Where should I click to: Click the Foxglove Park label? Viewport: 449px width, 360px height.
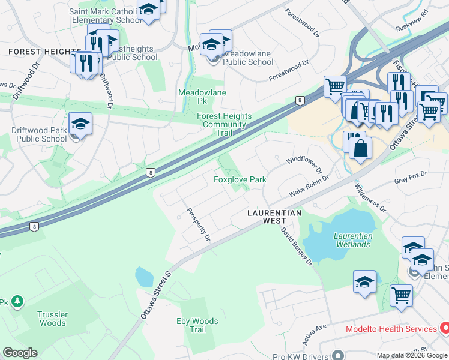click(240, 179)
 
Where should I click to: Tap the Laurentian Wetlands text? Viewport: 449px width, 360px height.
click(353, 240)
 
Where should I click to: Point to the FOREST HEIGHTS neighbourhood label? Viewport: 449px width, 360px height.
click(40, 52)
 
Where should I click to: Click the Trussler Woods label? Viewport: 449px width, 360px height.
click(52, 319)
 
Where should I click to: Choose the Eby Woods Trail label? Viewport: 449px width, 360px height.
click(197, 326)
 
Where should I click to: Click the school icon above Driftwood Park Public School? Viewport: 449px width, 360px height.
click(80, 124)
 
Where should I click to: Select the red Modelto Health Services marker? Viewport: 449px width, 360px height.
click(444, 328)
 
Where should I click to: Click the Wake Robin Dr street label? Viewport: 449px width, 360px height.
click(309, 186)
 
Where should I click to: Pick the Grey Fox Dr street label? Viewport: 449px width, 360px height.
click(410, 173)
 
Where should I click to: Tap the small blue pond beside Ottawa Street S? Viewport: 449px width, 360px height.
click(144, 277)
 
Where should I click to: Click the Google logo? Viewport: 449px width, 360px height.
click(20, 353)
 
